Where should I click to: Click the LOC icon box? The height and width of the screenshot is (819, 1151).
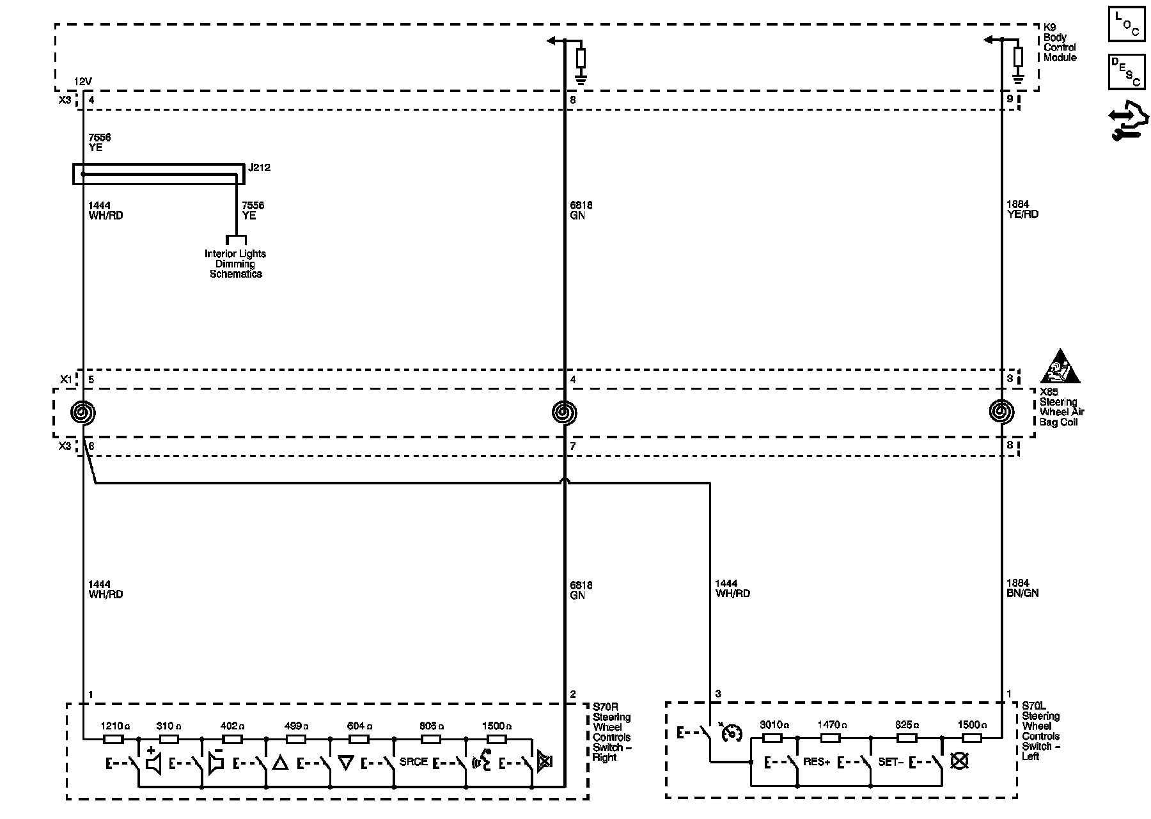pyautogui.click(x=1126, y=24)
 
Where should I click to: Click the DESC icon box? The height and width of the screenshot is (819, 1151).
pyautogui.click(x=1126, y=72)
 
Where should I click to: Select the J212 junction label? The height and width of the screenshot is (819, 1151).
pyautogui.click(x=260, y=168)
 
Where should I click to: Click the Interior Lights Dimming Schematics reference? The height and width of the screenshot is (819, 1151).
pyautogui.click(x=235, y=264)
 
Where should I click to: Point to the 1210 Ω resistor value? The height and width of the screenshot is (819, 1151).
pyautogui.click(x=116, y=726)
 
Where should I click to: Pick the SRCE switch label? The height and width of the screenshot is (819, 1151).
pyautogui.click(x=413, y=762)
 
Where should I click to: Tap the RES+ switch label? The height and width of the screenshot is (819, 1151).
pyautogui.click(x=816, y=762)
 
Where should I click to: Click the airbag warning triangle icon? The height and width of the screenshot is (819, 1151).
pyautogui.click(x=1060, y=367)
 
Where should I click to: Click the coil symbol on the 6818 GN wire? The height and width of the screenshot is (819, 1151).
pyautogui.click(x=564, y=412)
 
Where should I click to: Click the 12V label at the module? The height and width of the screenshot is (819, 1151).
pyautogui.click(x=83, y=81)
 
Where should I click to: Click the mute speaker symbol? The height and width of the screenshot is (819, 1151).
pyautogui.click(x=545, y=761)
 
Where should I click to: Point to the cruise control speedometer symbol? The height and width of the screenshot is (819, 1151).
pyautogui.click(x=731, y=733)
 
